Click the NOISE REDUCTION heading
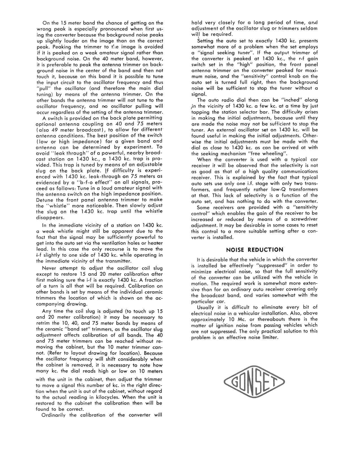254,250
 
